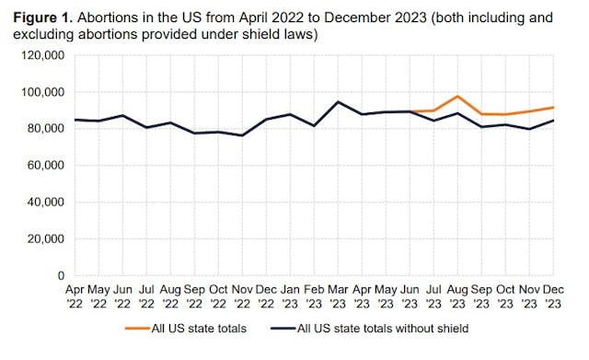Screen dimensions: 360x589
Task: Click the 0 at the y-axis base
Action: point(60,275)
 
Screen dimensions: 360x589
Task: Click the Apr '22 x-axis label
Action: point(76,295)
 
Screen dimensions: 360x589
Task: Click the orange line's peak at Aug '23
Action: point(457,97)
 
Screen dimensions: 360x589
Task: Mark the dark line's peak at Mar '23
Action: point(339,102)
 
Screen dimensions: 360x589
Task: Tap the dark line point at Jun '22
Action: point(123,116)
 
